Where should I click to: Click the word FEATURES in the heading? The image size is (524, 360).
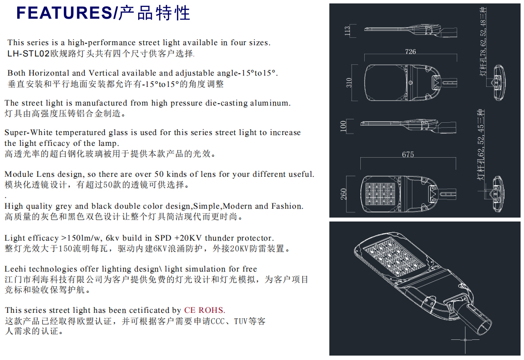click(x=63, y=13)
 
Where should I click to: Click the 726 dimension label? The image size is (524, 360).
click(x=410, y=52)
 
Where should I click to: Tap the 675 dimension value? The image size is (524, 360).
click(x=408, y=154)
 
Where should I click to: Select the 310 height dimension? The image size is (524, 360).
click(x=349, y=83)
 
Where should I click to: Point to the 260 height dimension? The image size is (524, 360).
click(x=344, y=194)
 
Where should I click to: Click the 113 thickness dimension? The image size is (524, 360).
click(x=347, y=31)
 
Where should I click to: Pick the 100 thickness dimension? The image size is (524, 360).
click(x=343, y=126)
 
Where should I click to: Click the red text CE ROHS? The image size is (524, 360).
click(x=204, y=310)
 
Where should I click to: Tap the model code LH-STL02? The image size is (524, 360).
click(x=29, y=54)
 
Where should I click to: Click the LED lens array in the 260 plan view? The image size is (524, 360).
click(x=380, y=194)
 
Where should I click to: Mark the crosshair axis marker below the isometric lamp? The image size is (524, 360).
click(x=465, y=340)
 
